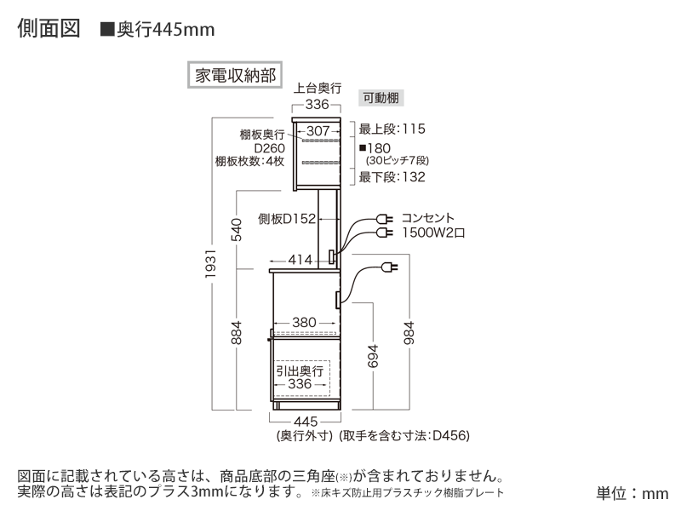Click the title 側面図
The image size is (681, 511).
click(x=49, y=29)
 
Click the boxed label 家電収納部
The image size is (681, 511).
click(x=235, y=75)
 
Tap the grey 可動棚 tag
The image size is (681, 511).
click(x=381, y=98)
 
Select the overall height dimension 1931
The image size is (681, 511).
click(x=210, y=264)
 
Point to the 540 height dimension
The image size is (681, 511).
click(x=236, y=230)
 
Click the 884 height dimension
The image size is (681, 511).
click(x=236, y=333)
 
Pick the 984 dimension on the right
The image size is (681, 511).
click(x=409, y=333)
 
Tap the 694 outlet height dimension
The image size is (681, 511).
click(x=373, y=356)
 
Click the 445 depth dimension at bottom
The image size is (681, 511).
click(x=306, y=422)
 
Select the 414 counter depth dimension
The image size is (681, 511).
click(x=300, y=260)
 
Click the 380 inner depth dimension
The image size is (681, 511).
click(x=304, y=323)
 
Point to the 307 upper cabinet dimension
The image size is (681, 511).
click(x=318, y=131)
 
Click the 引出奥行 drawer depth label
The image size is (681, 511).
click(x=300, y=370)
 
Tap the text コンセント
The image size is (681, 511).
click(x=428, y=218)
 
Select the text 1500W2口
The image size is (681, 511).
click(x=433, y=233)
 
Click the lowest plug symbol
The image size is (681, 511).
click(x=389, y=267)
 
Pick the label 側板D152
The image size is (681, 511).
click(x=287, y=219)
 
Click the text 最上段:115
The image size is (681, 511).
click(x=392, y=129)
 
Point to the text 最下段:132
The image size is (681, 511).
click(x=392, y=177)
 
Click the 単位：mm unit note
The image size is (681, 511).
click(x=632, y=493)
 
